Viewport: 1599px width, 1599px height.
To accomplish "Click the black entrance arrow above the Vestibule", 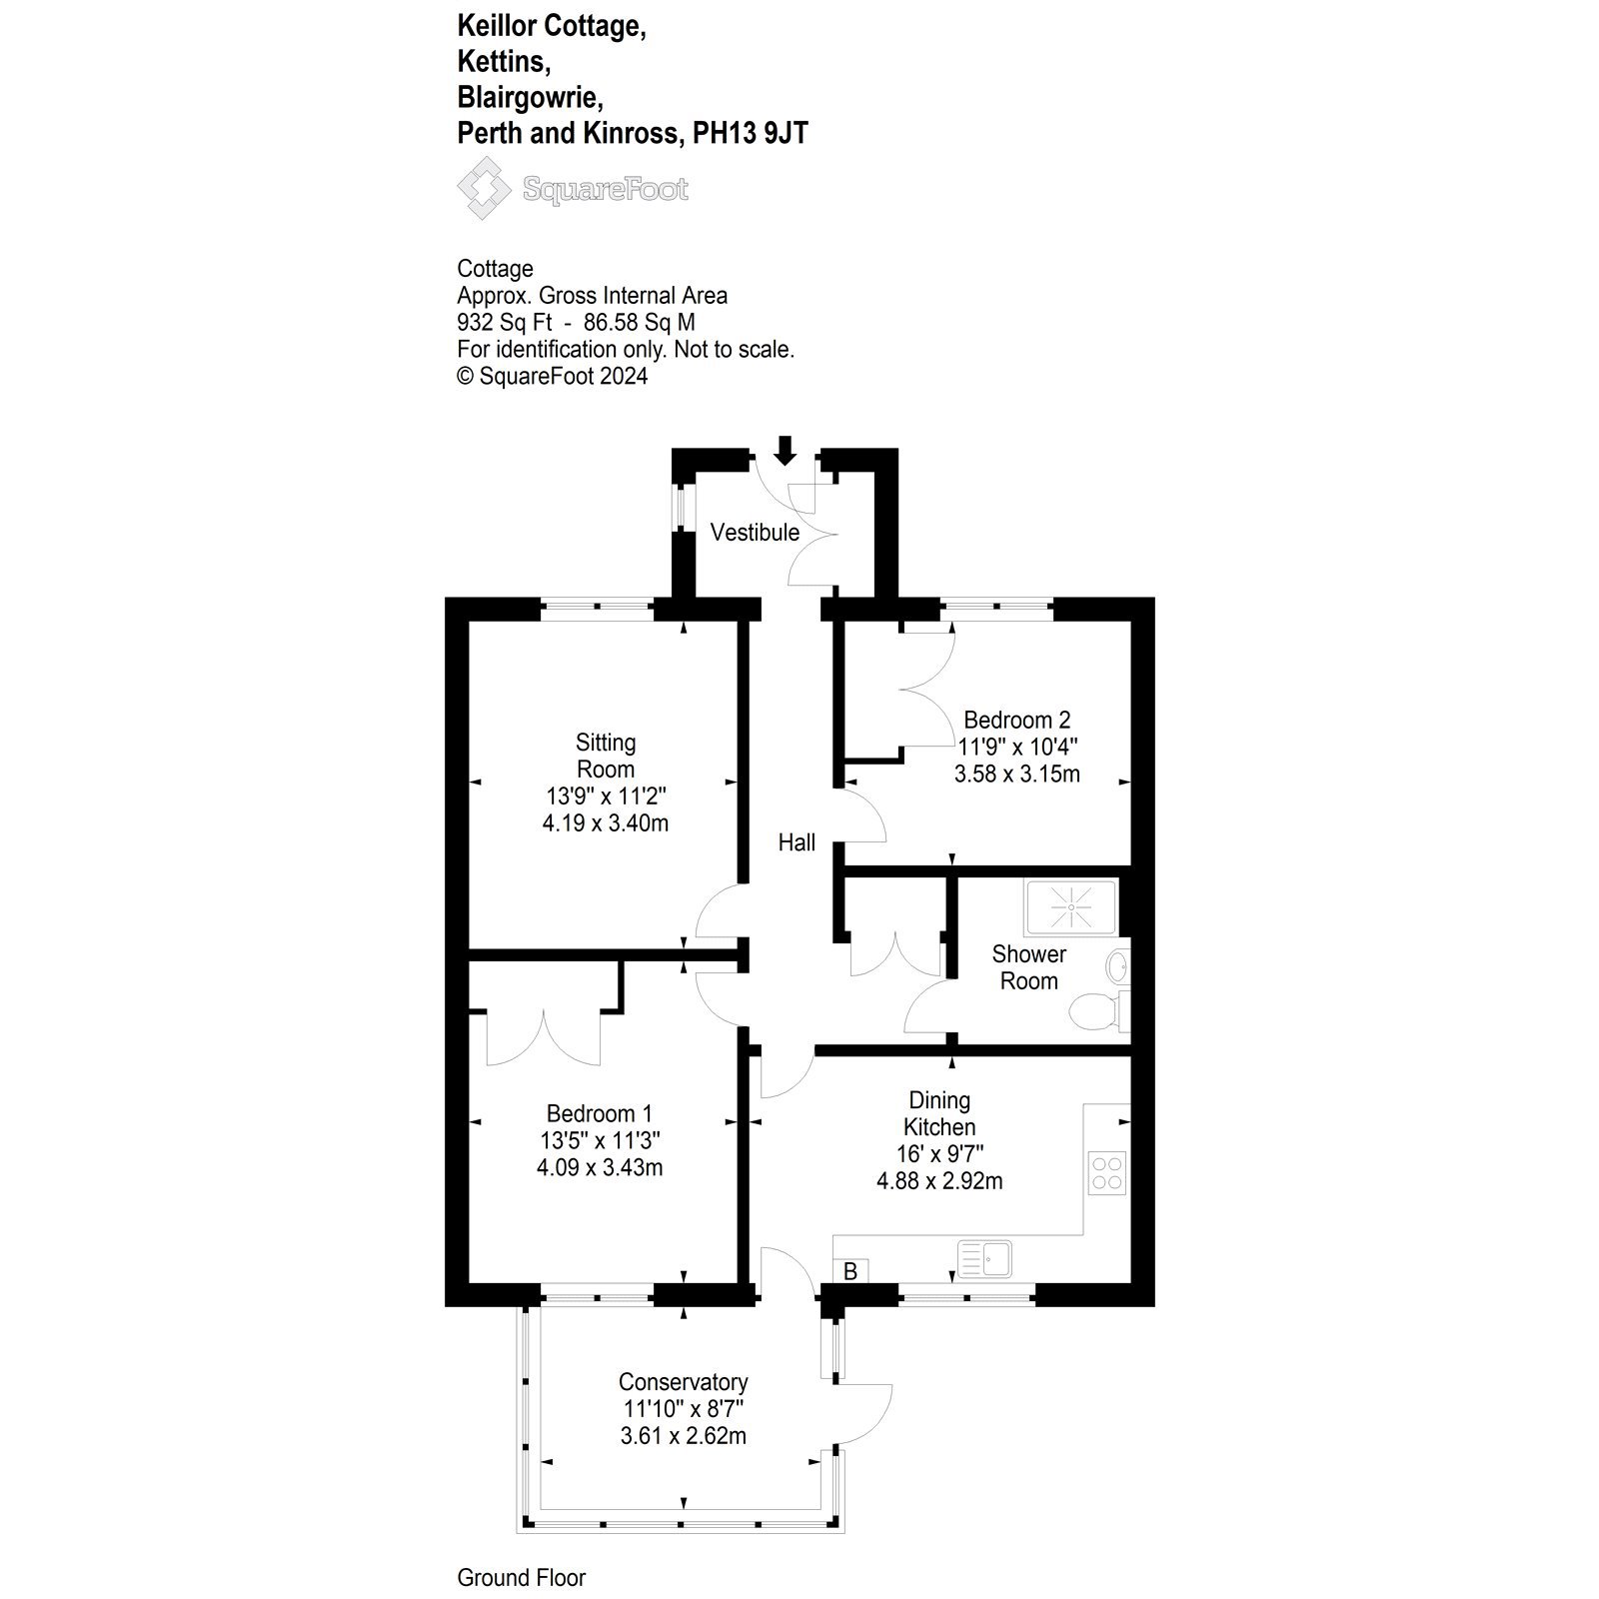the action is click(786, 451).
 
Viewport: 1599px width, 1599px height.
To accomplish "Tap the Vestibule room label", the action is click(755, 533).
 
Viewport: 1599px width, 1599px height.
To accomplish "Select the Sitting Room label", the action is click(606, 757).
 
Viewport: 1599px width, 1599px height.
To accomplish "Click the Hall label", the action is click(797, 843).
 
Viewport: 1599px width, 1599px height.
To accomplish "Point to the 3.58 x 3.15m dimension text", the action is click(1018, 775).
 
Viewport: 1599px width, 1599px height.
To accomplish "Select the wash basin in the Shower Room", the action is click(1118, 966).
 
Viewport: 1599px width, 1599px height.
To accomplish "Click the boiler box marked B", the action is click(851, 1271).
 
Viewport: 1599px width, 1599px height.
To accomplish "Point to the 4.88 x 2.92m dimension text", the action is click(939, 1181).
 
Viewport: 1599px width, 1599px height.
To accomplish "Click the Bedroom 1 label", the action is click(600, 1113).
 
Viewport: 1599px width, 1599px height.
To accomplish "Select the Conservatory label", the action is click(684, 1382).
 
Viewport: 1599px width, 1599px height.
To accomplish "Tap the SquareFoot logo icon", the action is click(484, 189).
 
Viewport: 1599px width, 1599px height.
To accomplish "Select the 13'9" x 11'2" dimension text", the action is click(606, 797).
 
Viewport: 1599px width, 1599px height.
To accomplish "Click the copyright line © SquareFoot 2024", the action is click(553, 377).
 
